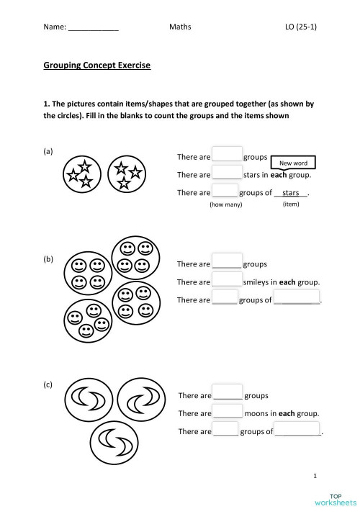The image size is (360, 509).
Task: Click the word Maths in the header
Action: click(x=180, y=27)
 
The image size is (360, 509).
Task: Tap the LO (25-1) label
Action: click(x=301, y=27)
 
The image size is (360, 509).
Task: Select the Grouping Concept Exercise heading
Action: click(x=97, y=66)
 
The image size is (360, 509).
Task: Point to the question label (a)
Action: click(x=48, y=151)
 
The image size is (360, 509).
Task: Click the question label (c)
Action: click(x=48, y=385)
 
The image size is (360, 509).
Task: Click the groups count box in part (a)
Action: click(x=227, y=156)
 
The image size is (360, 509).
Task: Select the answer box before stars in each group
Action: click(x=227, y=174)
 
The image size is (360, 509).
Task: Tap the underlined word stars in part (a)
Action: click(x=291, y=193)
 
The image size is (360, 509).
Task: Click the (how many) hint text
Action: click(x=225, y=205)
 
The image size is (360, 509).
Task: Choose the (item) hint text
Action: click(x=291, y=204)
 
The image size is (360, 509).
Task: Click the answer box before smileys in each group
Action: click(x=227, y=281)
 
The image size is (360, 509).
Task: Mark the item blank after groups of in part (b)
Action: click(x=297, y=300)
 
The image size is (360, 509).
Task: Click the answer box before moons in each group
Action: click(x=227, y=413)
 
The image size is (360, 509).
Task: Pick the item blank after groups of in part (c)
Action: click(x=298, y=431)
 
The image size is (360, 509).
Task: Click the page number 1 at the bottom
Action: click(x=315, y=476)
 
